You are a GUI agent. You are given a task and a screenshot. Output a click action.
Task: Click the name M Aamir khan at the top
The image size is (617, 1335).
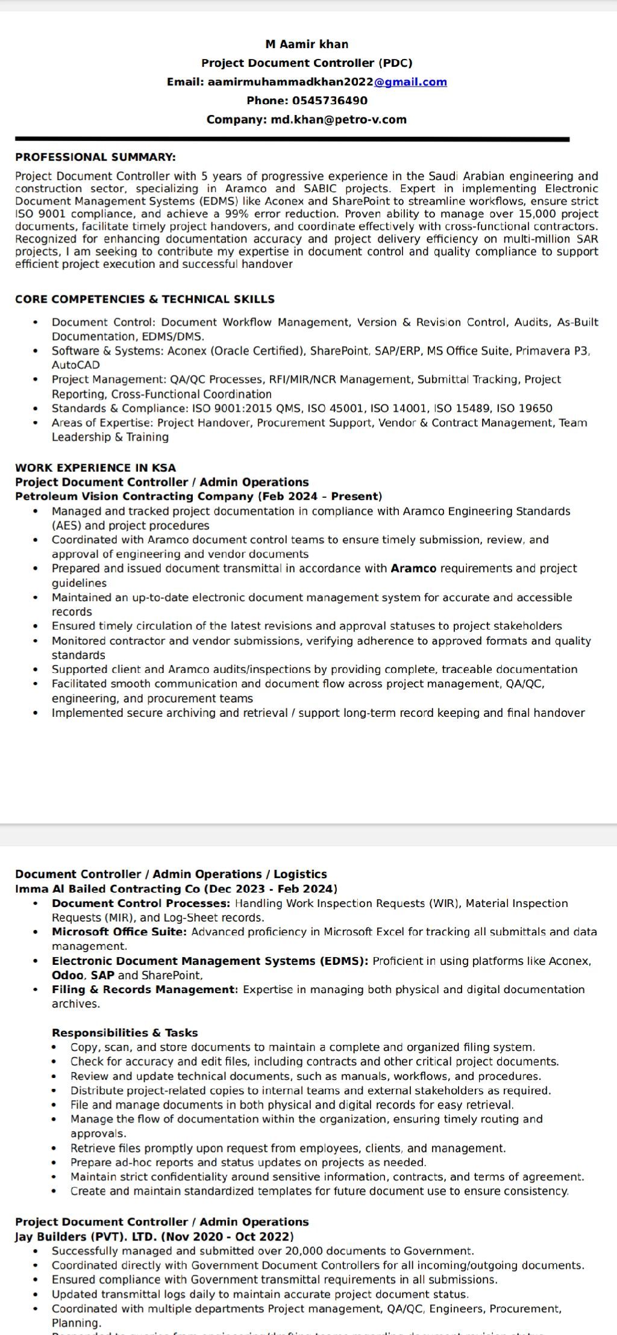tap(307, 44)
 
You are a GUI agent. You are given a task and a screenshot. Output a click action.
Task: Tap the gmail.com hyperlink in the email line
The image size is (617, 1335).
tap(410, 82)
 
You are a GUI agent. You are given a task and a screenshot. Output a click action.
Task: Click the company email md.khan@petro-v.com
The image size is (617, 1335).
tap(339, 120)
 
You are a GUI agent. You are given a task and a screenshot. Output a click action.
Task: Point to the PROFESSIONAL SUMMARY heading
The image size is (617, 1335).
tap(95, 157)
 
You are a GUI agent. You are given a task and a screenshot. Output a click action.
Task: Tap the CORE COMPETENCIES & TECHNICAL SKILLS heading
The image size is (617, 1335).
tap(145, 299)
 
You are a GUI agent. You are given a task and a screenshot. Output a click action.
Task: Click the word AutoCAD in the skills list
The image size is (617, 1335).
tap(76, 365)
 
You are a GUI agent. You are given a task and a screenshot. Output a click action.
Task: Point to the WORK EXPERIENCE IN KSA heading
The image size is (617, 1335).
tap(95, 468)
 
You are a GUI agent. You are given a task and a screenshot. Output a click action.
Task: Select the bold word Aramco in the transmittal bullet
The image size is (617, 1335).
tap(413, 568)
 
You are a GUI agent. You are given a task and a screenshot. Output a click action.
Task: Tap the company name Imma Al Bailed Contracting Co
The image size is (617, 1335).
tap(108, 889)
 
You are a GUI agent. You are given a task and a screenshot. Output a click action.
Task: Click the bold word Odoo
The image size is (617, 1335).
tap(67, 975)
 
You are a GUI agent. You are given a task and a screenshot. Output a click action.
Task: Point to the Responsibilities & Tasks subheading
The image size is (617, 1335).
tap(125, 1033)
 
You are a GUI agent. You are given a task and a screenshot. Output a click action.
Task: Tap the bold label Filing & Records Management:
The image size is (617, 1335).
tap(145, 990)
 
